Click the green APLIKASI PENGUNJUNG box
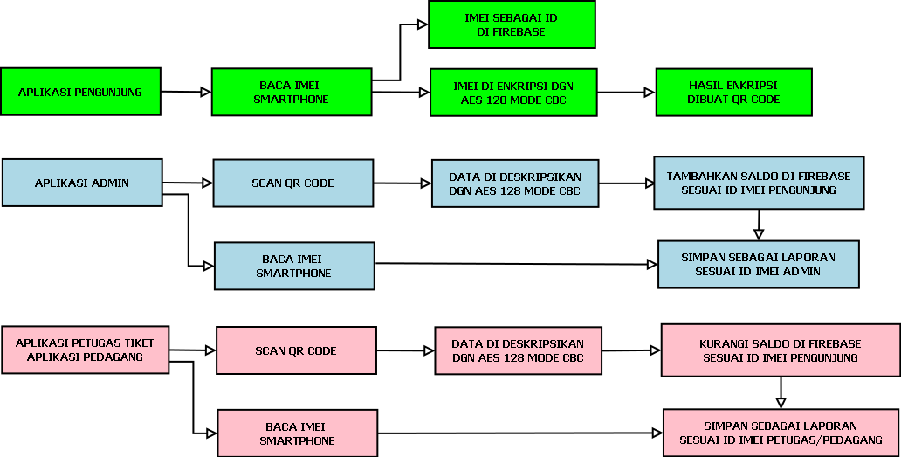(x=80, y=92)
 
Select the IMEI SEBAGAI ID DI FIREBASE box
(x=512, y=24)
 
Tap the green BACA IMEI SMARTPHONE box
(x=292, y=92)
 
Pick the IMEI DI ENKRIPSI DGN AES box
(x=513, y=93)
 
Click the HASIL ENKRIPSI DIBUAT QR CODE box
(x=733, y=93)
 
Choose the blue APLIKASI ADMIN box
(x=82, y=183)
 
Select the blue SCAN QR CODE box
(x=293, y=183)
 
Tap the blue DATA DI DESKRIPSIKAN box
(x=515, y=183)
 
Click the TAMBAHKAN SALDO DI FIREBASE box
(x=759, y=183)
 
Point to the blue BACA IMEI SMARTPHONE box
(x=294, y=266)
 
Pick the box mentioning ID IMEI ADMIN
(x=758, y=264)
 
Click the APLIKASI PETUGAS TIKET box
(x=85, y=350)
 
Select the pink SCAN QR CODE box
(x=296, y=350)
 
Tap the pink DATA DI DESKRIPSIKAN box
(x=518, y=350)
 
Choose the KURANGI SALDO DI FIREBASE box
(x=780, y=350)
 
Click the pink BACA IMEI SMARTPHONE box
(x=297, y=433)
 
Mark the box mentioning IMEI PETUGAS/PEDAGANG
(x=781, y=433)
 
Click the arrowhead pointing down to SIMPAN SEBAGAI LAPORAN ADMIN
(x=759, y=233)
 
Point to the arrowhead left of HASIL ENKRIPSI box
(x=647, y=92)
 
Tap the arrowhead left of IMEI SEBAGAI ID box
(x=422, y=24)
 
